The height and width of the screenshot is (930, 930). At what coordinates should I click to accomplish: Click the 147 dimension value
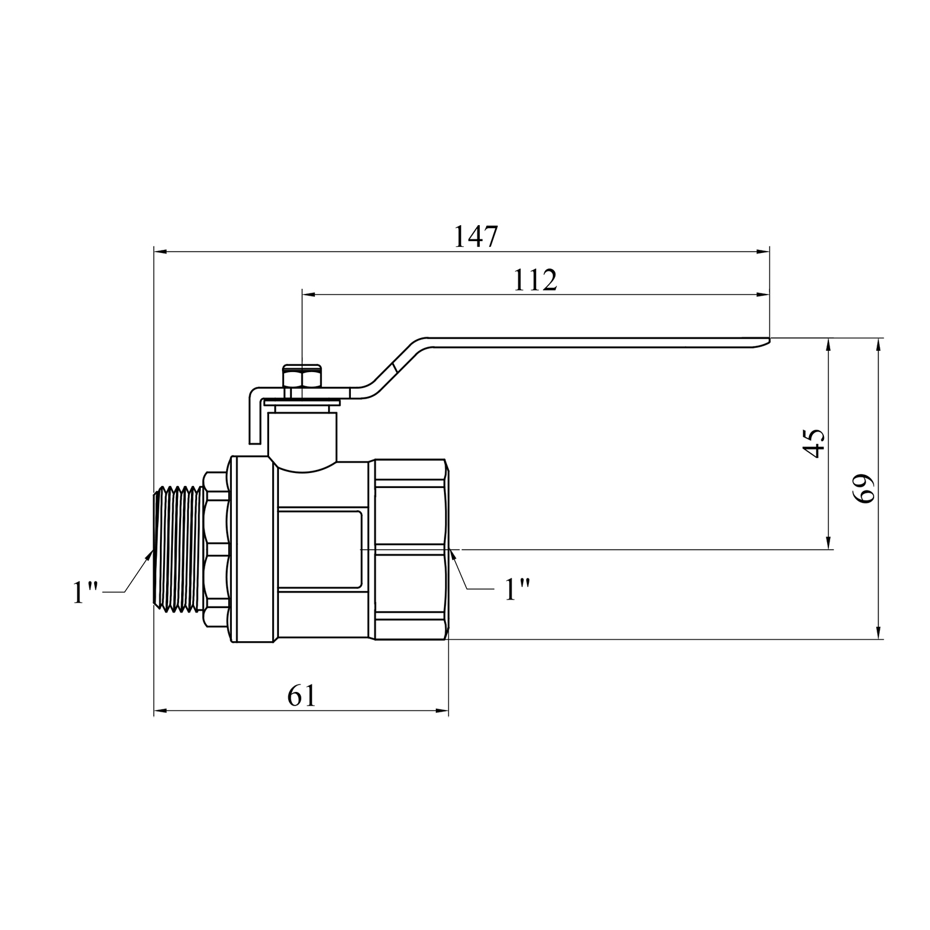(x=476, y=236)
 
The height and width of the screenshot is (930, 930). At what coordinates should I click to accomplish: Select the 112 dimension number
(x=535, y=280)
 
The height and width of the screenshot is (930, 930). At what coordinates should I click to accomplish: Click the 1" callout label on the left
(x=86, y=592)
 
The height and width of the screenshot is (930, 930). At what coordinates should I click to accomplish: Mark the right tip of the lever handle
(x=769, y=340)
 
